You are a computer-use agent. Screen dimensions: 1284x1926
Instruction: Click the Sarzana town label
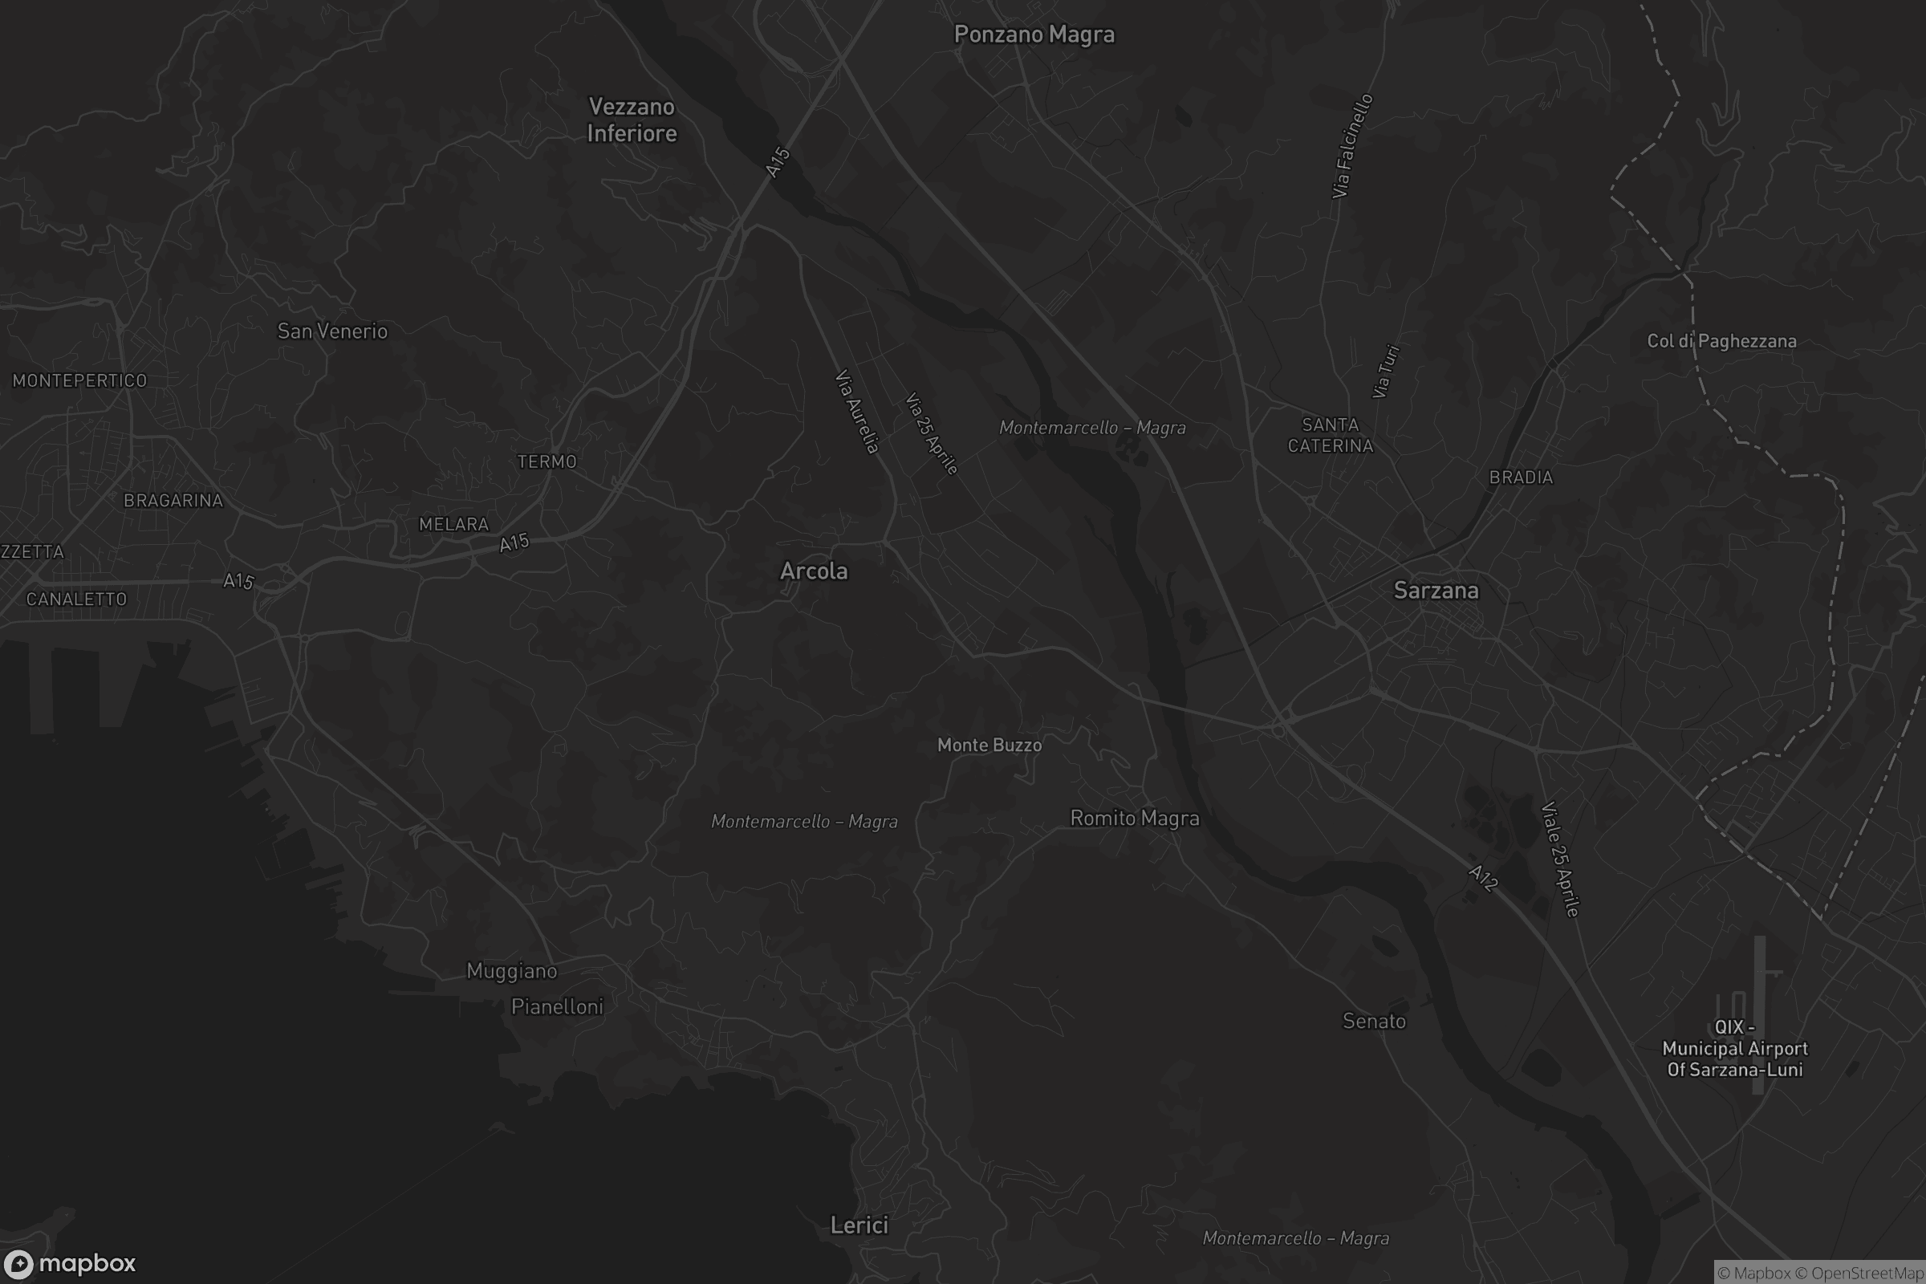pos(1436,591)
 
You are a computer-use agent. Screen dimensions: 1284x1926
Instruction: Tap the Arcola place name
pos(813,571)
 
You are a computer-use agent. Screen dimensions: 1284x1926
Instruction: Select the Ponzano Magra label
pos(1034,35)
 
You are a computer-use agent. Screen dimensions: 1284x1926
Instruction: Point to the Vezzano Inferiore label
pos(632,120)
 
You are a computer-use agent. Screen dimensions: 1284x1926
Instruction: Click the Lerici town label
pos(858,1225)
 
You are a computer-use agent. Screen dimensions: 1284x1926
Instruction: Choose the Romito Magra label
pos(1134,818)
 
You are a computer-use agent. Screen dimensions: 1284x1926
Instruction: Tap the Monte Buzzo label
pos(989,746)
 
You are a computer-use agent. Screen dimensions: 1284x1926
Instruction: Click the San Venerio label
pos(331,331)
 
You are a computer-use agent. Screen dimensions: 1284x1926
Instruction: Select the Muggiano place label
pos(511,971)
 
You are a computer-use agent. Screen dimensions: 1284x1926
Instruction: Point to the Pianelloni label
pos(557,1006)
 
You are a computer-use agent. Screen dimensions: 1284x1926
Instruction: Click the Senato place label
pos(1373,1021)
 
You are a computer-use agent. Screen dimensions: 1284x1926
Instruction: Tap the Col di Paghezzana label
pos(1721,340)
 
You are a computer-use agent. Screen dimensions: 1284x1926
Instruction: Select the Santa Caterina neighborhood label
pos(1330,435)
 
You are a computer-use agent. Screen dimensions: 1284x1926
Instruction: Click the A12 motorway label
pos(1483,878)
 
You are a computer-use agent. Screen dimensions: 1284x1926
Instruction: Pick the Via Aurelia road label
pos(856,412)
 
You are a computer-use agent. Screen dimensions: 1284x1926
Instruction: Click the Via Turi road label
pos(1386,371)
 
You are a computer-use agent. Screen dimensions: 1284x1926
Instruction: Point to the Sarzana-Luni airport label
pos(1734,1048)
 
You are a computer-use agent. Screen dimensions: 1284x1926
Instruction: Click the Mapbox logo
pos(69,1262)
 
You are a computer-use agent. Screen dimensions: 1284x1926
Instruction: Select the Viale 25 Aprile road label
pos(1559,859)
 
